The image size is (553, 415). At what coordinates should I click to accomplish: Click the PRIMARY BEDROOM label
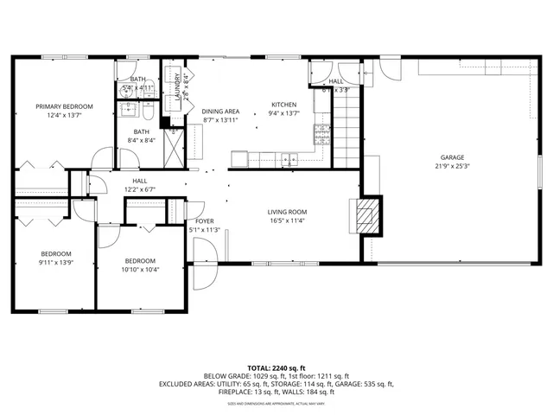[64, 106]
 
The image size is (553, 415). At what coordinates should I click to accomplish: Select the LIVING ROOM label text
[287, 212]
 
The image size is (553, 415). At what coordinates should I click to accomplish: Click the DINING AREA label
[220, 112]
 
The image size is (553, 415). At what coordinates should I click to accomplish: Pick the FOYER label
[204, 221]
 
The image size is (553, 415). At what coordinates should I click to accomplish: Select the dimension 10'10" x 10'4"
[140, 270]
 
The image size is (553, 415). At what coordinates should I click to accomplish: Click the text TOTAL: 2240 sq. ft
[276, 368]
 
